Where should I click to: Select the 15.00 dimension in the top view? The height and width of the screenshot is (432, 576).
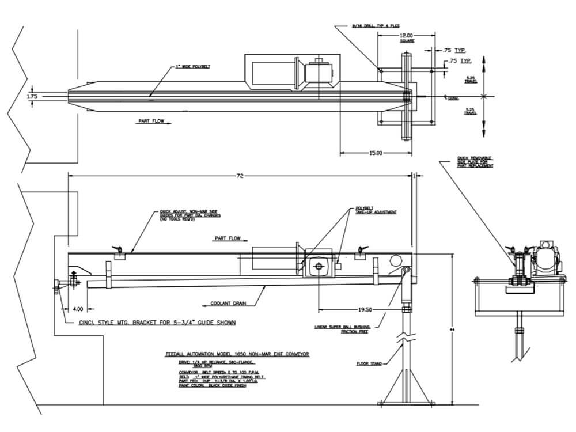coord(375,153)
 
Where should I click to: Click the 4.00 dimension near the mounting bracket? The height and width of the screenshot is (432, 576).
coord(78,309)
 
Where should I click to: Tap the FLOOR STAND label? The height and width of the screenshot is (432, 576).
coord(366,364)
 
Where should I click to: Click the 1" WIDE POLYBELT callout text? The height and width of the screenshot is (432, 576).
coord(192,67)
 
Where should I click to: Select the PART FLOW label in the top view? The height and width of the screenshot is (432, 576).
coord(151,122)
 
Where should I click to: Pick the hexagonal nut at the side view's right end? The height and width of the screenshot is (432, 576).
coord(396,260)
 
